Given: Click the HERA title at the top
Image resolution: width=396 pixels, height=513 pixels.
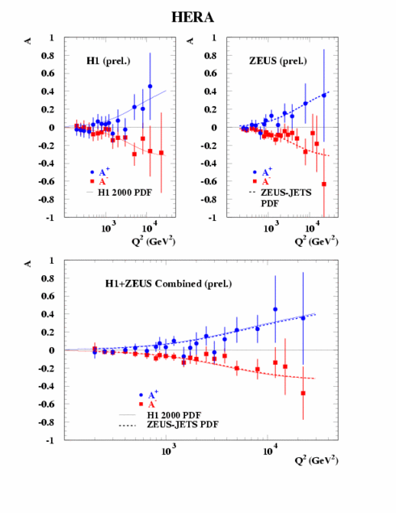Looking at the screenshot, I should [197, 15].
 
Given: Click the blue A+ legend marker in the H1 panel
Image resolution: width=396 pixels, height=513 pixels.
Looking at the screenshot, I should [95, 172].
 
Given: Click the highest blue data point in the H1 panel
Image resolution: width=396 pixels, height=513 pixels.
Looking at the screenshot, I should [150, 86].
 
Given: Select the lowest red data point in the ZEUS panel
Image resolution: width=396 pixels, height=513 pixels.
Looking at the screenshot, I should [323, 184].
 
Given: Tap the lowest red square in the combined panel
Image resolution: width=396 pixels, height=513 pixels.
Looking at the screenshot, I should [304, 393].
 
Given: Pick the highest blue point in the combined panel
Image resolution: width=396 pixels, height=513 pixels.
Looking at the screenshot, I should [275, 309].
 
